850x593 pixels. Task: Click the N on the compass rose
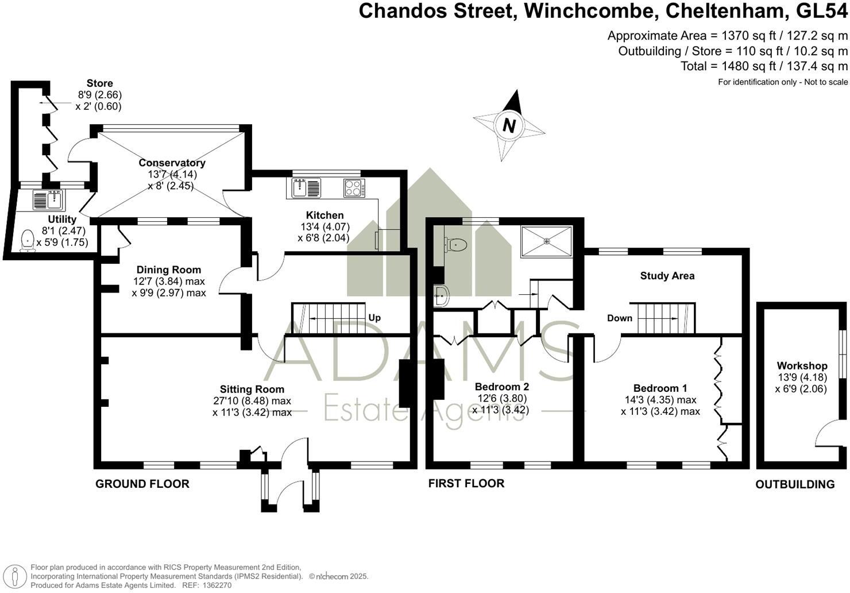[x=509, y=125]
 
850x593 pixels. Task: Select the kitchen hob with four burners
[x=353, y=188]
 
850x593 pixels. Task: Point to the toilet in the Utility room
[x=27, y=241]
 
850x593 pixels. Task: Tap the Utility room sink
[x=49, y=200]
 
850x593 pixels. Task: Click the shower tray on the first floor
[x=546, y=241]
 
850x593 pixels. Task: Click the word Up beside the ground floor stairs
[x=374, y=318]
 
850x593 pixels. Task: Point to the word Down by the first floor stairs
[x=620, y=318]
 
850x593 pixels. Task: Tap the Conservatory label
[x=172, y=163]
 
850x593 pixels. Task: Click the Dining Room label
[x=169, y=269]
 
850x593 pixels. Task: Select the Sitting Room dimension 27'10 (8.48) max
[x=252, y=401]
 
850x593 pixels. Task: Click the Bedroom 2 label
[x=501, y=387]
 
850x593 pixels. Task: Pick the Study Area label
[x=667, y=276]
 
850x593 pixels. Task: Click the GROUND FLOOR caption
[x=142, y=484]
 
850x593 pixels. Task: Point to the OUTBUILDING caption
[x=795, y=484]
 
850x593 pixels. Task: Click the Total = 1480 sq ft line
[x=764, y=66]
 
